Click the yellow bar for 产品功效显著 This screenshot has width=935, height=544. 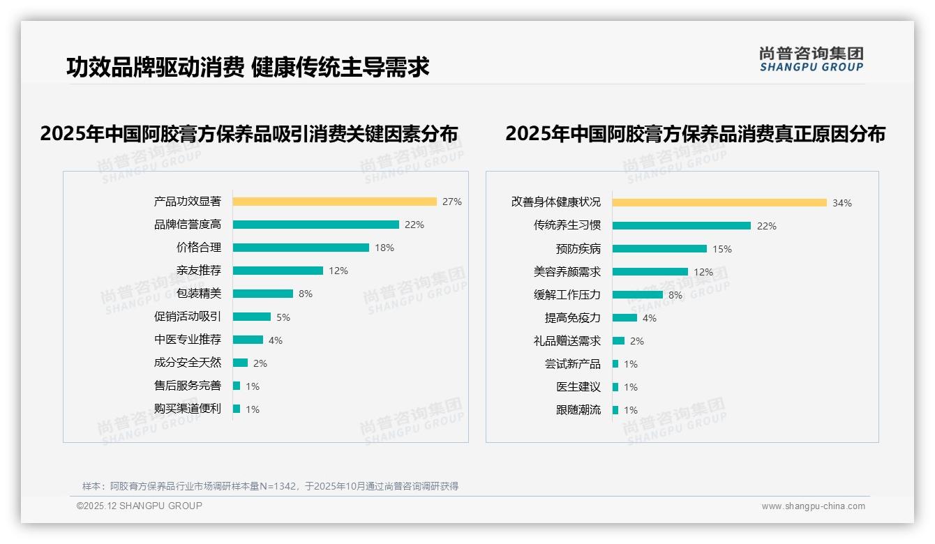tap(335, 202)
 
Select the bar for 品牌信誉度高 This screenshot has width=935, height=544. tap(316, 225)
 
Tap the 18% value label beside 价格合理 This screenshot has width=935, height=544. tap(384, 248)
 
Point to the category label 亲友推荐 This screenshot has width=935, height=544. tap(199, 271)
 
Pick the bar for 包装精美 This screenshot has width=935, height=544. tap(263, 294)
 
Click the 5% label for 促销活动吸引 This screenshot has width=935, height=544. tap(283, 317)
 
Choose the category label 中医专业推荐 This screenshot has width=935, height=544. tap(188, 340)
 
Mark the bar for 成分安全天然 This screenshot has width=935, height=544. tap(241, 363)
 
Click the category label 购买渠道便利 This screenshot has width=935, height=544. tap(188, 409)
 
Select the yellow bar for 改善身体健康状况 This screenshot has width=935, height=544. tap(719, 203)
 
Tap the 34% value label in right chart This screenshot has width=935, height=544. tap(842, 203)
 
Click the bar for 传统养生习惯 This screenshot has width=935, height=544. tap(682, 226)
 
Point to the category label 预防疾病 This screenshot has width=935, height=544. tap(578, 249)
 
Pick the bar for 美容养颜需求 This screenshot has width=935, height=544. tap(650, 272)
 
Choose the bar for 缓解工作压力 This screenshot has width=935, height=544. tap(638, 295)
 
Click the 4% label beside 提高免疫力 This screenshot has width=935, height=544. tap(650, 318)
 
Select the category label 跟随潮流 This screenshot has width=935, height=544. tap(578, 410)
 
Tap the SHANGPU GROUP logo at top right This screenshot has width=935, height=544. tap(811, 59)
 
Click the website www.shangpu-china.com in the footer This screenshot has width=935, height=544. tap(813, 506)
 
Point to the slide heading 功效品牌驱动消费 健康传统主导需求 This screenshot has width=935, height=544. tap(248, 67)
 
